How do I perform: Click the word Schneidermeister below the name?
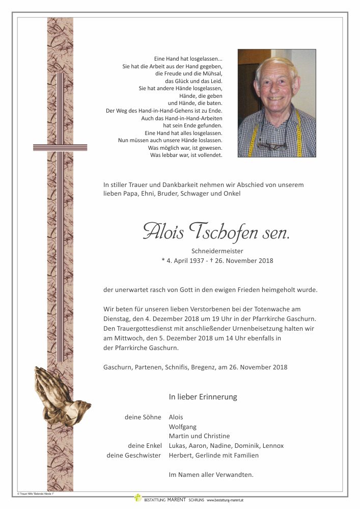(217, 251)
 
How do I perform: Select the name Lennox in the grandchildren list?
(272, 446)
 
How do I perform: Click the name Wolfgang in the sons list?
(182, 426)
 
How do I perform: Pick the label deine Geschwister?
(133, 456)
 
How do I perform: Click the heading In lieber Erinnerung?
(203, 397)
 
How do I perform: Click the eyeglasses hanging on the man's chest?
(271, 146)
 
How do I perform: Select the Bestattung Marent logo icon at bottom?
(137, 498)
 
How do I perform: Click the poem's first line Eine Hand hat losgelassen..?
(188, 59)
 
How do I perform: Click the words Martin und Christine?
(199, 436)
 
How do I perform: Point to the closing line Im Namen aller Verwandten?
(211, 475)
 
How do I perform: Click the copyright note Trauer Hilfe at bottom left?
(36, 494)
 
